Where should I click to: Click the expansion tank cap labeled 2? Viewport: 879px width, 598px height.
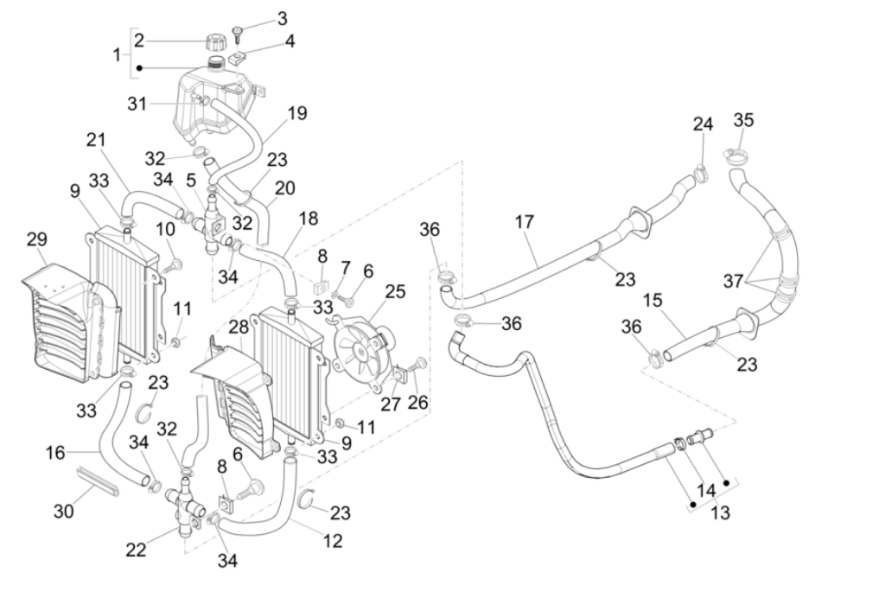click(x=214, y=41)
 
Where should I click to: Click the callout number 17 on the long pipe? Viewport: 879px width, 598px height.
click(x=524, y=221)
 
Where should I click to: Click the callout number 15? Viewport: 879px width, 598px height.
click(x=653, y=300)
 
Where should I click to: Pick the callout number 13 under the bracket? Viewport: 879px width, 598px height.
click(x=720, y=512)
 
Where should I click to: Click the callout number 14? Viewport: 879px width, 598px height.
click(x=706, y=490)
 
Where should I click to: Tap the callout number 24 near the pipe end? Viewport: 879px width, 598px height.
click(x=703, y=124)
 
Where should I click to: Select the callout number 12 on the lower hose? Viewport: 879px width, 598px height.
click(x=332, y=541)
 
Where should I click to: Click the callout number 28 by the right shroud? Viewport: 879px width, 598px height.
click(x=239, y=327)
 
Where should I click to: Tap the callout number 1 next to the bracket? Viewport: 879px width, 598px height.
click(x=118, y=54)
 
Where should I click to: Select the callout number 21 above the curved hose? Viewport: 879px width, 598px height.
click(x=96, y=140)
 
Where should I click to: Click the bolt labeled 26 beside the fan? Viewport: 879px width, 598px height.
click(x=421, y=364)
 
